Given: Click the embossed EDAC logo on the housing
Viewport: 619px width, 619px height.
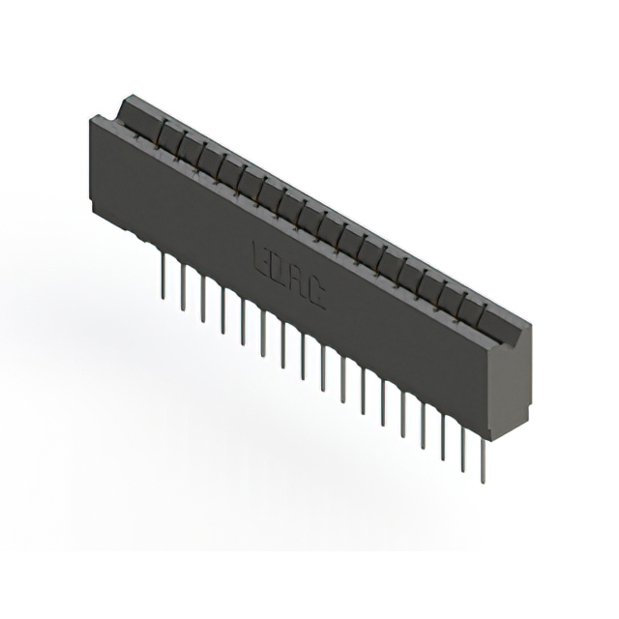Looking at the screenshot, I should tap(288, 275).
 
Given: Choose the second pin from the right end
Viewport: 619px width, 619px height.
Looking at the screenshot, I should tap(463, 446).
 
